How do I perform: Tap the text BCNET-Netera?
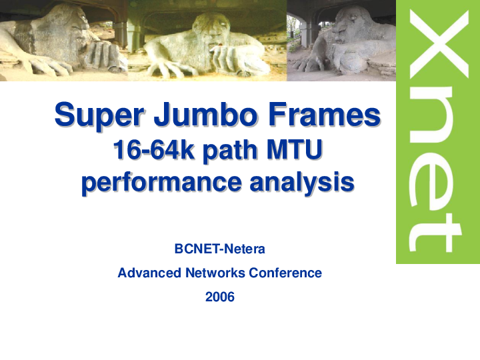[x=219, y=249]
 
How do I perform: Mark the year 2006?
[x=219, y=297]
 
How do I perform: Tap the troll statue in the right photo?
[x=353, y=40]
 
